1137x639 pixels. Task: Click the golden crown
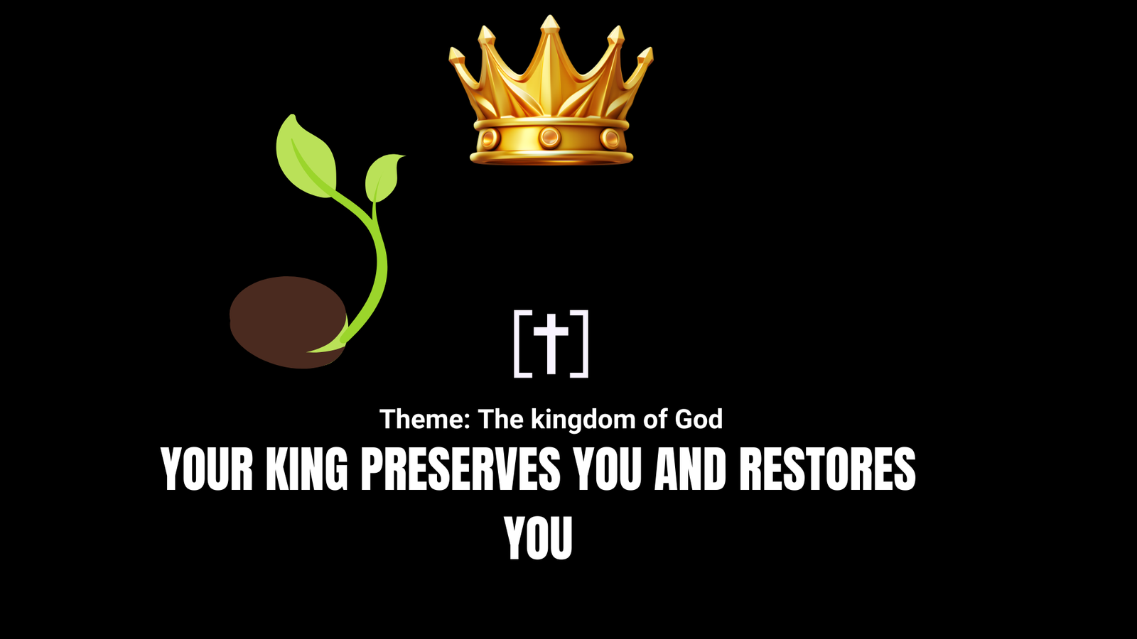551,92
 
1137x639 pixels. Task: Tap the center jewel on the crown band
550,137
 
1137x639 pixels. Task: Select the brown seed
288,322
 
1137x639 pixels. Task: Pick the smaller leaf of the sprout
384,177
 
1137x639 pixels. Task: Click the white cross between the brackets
551,344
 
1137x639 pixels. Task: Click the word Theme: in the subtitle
425,420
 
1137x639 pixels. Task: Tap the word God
699,420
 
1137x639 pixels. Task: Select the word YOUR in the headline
207,469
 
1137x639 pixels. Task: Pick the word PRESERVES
460,469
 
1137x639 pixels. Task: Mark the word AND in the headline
690,469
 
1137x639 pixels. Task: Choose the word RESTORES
828,469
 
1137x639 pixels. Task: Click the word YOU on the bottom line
538,538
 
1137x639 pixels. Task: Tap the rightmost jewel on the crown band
610,138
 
